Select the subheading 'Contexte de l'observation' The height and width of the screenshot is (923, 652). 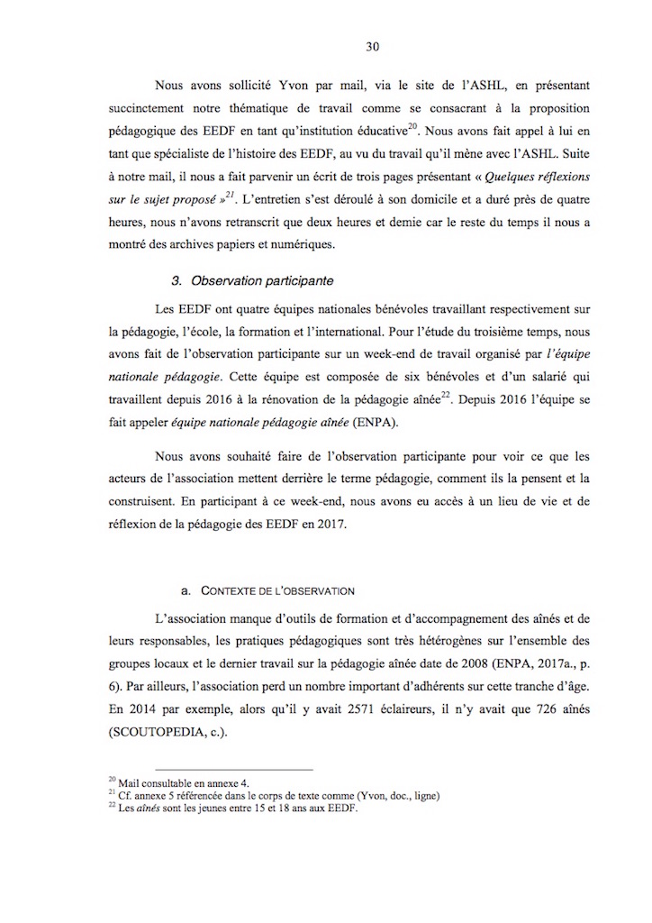click(267, 591)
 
